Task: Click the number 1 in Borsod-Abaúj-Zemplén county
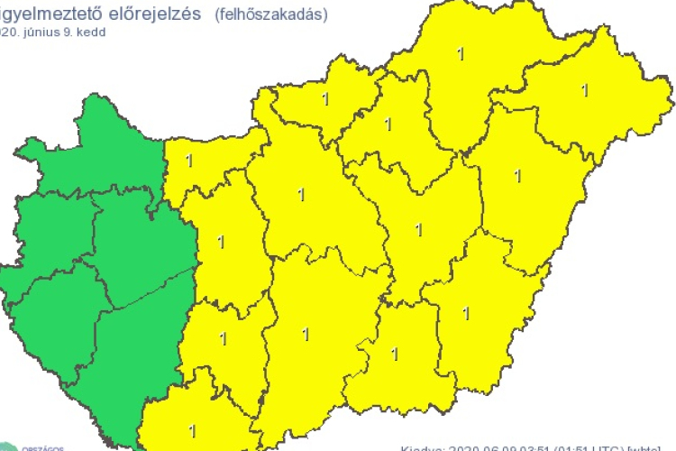point(461,53)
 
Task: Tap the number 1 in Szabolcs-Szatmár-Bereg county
point(585,89)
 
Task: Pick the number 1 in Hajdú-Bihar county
point(516,174)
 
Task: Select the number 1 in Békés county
point(465,313)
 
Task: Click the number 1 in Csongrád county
point(394,353)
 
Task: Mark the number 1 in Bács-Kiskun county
point(305,335)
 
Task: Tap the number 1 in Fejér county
point(221,241)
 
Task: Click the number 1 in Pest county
point(299,193)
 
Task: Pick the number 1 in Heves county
point(388,124)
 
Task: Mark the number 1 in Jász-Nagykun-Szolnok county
point(417,229)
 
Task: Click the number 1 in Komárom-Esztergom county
point(188,161)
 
